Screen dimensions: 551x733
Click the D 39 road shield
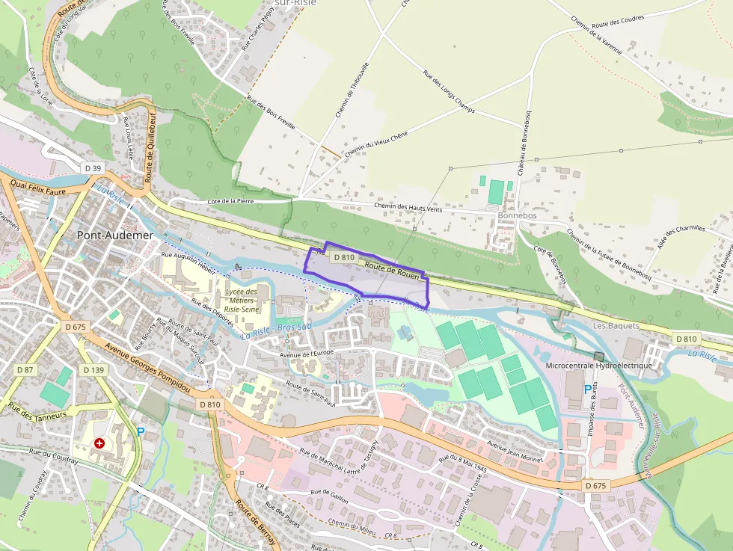pos(93,168)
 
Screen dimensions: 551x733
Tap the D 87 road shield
pos(25,370)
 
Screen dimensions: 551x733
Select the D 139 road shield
pos(93,370)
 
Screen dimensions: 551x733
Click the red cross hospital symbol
pos(99,443)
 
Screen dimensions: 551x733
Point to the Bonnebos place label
pos(517,215)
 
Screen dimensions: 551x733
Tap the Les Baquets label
pos(616,326)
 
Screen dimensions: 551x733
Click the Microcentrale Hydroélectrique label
pos(599,366)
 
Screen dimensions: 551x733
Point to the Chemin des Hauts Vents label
pos(408,208)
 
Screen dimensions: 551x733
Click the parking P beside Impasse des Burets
pos(587,390)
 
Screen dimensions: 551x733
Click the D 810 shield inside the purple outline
pos(343,256)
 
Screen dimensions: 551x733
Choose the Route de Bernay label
pos(255,524)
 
